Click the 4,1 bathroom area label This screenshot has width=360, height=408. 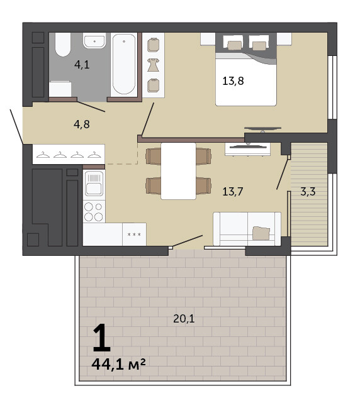coord(82,65)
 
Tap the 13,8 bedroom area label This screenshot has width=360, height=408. coord(233,81)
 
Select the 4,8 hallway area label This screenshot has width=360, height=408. coord(82,124)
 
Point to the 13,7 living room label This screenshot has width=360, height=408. coord(233,192)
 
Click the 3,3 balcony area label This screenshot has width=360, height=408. coord(308,192)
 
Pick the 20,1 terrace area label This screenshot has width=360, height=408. coord(184,319)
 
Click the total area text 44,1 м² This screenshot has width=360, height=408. coord(118,364)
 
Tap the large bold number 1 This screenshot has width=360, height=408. coord(102,337)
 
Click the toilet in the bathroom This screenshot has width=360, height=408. coord(63,45)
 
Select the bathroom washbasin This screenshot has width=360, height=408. coord(94,41)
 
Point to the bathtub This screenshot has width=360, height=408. coord(124,65)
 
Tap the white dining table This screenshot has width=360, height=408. coord(179,171)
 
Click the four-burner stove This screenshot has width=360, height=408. coord(94,212)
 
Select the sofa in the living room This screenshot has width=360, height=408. coord(247,229)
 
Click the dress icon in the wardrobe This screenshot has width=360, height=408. coord(153,65)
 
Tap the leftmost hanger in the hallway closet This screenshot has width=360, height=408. coord(43,155)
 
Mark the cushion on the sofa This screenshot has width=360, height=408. coord(261,233)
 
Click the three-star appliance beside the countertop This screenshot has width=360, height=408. coord(134,234)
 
